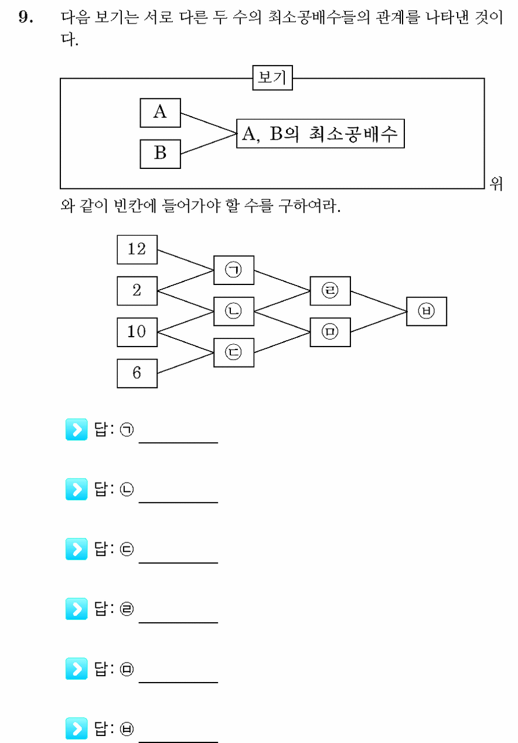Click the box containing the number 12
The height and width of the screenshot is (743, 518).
137,250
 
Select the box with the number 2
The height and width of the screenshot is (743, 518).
137,291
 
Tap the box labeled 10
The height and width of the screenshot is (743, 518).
137,332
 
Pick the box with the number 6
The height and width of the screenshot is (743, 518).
137,373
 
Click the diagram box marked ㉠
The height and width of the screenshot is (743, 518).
234,270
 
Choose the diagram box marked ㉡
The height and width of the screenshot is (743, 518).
234,311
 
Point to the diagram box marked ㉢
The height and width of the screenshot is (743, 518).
234,352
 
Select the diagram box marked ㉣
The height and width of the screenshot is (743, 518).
330,291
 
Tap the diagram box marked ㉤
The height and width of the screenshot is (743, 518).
330,332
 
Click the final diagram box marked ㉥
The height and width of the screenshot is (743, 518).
427,311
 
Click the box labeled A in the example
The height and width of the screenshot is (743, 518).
161,113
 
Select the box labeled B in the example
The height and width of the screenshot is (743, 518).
161,154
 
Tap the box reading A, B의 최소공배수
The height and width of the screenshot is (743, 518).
321,133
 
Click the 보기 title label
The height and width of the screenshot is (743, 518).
272,77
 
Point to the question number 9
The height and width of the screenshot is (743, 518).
26,17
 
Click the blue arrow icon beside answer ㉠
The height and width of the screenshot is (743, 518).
77,429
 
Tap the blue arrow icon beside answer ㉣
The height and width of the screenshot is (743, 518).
77,609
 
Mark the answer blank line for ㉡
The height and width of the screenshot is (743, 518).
178,503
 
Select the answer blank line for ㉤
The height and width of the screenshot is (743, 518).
178,682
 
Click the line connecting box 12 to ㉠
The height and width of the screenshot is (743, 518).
186,260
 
